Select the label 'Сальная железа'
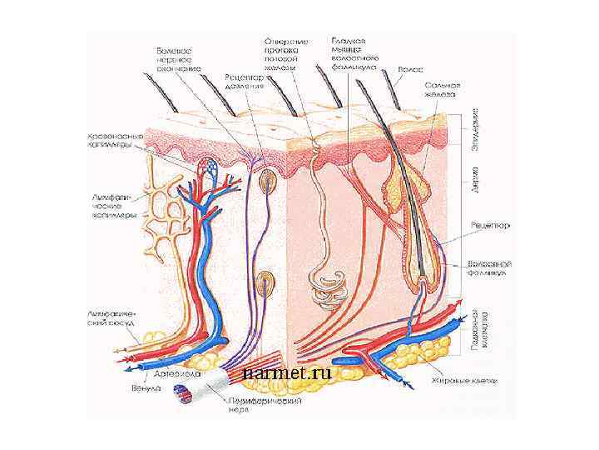(x=438, y=89)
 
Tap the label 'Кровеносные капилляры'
(x=116, y=141)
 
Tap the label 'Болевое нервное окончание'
(x=176, y=59)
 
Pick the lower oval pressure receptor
(x=266, y=283)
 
